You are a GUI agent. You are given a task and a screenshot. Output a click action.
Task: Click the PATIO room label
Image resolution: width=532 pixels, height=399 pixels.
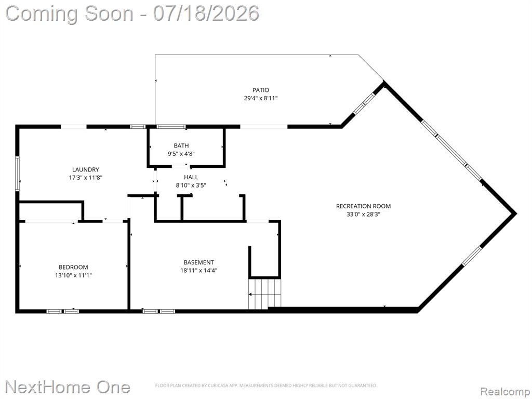pyautogui.click(x=261, y=90)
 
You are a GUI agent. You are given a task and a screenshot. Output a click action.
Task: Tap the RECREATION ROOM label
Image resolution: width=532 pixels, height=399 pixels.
pyautogui.click(x=363, y=206)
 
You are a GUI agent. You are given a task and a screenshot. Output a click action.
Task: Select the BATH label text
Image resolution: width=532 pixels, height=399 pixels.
pyautogui.click(x=181, y=145)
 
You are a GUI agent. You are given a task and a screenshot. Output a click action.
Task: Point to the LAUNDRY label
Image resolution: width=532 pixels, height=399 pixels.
pyautogui.click(x=86, y=170)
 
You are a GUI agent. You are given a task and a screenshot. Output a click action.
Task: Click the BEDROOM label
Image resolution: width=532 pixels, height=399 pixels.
pyautogui.click(x=73, y=268)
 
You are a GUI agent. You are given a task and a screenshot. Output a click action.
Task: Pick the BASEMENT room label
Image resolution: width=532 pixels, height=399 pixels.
pyautogui.click(x=198, y=262)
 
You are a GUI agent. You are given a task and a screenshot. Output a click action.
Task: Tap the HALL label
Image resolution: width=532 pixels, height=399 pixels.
pyautogui.click(x=191, y=177)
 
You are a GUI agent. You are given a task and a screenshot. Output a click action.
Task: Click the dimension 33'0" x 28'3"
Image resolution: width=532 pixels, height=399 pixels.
pyautogui.click(x=363, y=215)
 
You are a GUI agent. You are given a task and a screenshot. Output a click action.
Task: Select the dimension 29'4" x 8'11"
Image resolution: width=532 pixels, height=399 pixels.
pyautogui.click(x=261, y=98)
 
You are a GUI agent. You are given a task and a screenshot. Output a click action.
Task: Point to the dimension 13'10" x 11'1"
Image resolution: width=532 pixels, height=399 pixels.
pyautogui.click(x=73, y=275)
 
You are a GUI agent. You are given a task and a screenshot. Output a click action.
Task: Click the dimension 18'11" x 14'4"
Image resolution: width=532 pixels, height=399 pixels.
pyautogui.click(x=198, y=270)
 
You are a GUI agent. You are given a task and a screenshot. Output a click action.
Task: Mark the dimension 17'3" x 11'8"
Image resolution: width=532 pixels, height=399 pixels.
pyautogui.click(x=86, y=178)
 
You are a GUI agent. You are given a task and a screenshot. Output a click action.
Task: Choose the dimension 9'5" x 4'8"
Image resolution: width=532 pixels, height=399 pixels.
pyautogui.click(x=181, y=154)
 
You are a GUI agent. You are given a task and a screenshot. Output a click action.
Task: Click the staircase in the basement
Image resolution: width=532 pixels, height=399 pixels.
pyautogui.click(x=265, y=294)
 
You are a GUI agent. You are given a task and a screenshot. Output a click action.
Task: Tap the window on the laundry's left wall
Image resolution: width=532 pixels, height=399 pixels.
pyautogui.click(x=17, y=174)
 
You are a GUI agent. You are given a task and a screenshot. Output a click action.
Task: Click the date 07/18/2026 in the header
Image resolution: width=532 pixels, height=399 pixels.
pyautogui.click(x=206, y=14)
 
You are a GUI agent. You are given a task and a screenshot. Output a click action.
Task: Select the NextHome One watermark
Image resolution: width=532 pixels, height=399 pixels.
pyautogui.click(x=68, y=387)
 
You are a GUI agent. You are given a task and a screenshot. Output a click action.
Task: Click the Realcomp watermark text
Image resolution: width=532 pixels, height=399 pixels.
pyautogui.click(x=506, y=392)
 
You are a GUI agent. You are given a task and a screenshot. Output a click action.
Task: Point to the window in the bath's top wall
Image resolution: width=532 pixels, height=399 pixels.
pyautogui.click(x=171, y=127)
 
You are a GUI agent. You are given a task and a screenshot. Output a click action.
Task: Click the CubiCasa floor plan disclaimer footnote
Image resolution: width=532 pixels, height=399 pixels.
pyautogui.click(x=266, y=385)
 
